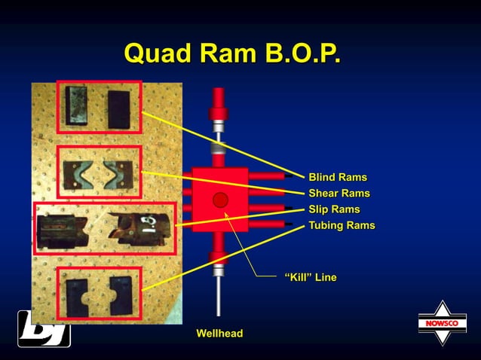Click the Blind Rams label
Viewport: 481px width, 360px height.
point(337,178)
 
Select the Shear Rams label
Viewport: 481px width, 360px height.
point(339,194)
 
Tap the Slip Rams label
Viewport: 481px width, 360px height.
point(334,209)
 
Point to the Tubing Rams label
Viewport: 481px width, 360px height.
point(342,225)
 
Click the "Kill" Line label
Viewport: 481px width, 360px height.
point(310,278)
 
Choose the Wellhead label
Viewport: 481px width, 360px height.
point(219,333)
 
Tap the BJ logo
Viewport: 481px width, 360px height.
point(44,329)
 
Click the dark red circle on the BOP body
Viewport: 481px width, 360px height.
point(220,200)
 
